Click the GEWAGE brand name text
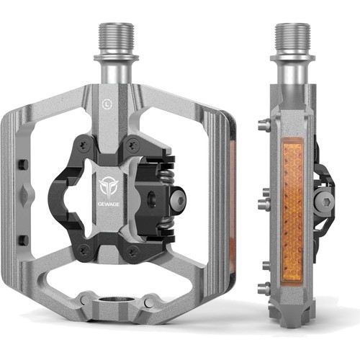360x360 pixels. [109, 204]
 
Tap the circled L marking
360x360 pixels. [105, 104]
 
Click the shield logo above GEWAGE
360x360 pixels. [109, 188]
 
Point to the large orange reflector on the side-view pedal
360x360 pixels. [292, 212]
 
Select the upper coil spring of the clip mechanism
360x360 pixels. [166, 177]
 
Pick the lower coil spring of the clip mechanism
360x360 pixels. [166, 224]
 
